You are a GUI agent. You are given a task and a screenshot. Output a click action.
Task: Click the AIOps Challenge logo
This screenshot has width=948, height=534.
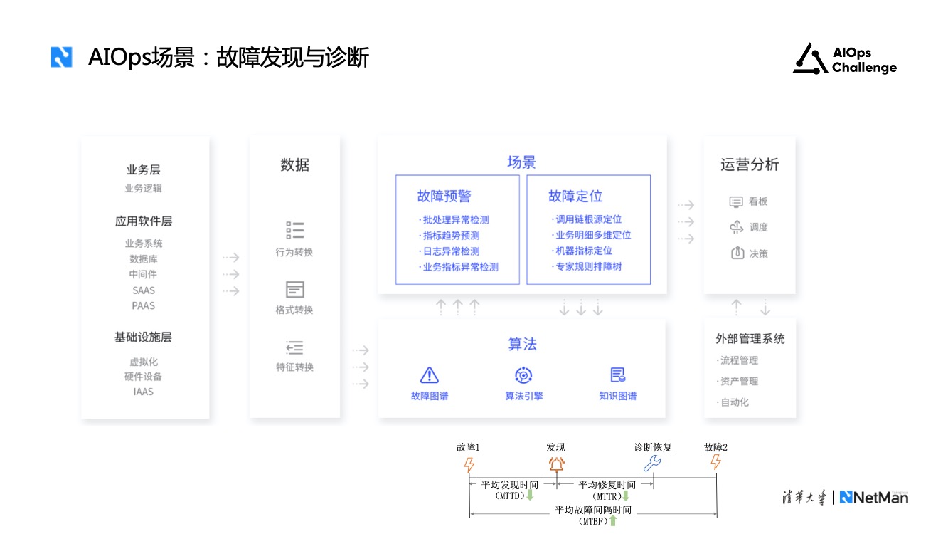(844, 59)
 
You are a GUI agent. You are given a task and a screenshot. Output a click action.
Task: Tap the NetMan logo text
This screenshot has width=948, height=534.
(874, 497)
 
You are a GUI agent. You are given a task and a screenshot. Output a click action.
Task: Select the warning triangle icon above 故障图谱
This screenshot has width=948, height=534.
(430, 375)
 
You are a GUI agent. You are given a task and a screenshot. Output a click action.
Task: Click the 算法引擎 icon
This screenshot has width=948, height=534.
(524, 375)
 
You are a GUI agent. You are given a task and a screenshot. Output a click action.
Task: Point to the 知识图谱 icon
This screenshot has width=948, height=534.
(617, 375)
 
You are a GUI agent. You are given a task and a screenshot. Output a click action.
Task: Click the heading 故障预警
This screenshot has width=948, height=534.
(444, 197)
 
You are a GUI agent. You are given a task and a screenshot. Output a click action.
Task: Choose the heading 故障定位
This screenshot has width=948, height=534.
(575, 197)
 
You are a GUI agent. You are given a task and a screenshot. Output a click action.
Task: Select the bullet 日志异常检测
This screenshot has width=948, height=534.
(451, 251)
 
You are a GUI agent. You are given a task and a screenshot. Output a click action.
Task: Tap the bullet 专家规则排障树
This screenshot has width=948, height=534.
(588, 267)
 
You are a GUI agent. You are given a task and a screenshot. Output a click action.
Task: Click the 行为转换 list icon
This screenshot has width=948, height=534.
(294, 230)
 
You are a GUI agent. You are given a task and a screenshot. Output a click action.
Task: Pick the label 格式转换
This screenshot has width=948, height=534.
(294, 310)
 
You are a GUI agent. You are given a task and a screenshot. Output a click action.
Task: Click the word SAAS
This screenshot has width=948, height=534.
(144, 290)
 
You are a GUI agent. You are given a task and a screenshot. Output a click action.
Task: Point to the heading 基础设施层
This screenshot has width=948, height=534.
(144, 337)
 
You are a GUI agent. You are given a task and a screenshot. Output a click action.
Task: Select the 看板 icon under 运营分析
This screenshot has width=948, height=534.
(736, 202)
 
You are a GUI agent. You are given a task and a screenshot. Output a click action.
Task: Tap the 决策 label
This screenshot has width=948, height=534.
(759, 253)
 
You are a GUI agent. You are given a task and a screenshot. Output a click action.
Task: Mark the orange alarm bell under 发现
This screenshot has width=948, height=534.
(555, 464)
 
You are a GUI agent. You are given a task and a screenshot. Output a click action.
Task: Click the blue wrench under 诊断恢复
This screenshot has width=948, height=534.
(652, 464)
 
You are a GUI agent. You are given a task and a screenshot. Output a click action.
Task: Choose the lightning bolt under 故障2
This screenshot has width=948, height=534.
(716, 463)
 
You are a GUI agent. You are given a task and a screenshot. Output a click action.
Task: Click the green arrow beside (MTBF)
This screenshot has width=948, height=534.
(613, 521)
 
